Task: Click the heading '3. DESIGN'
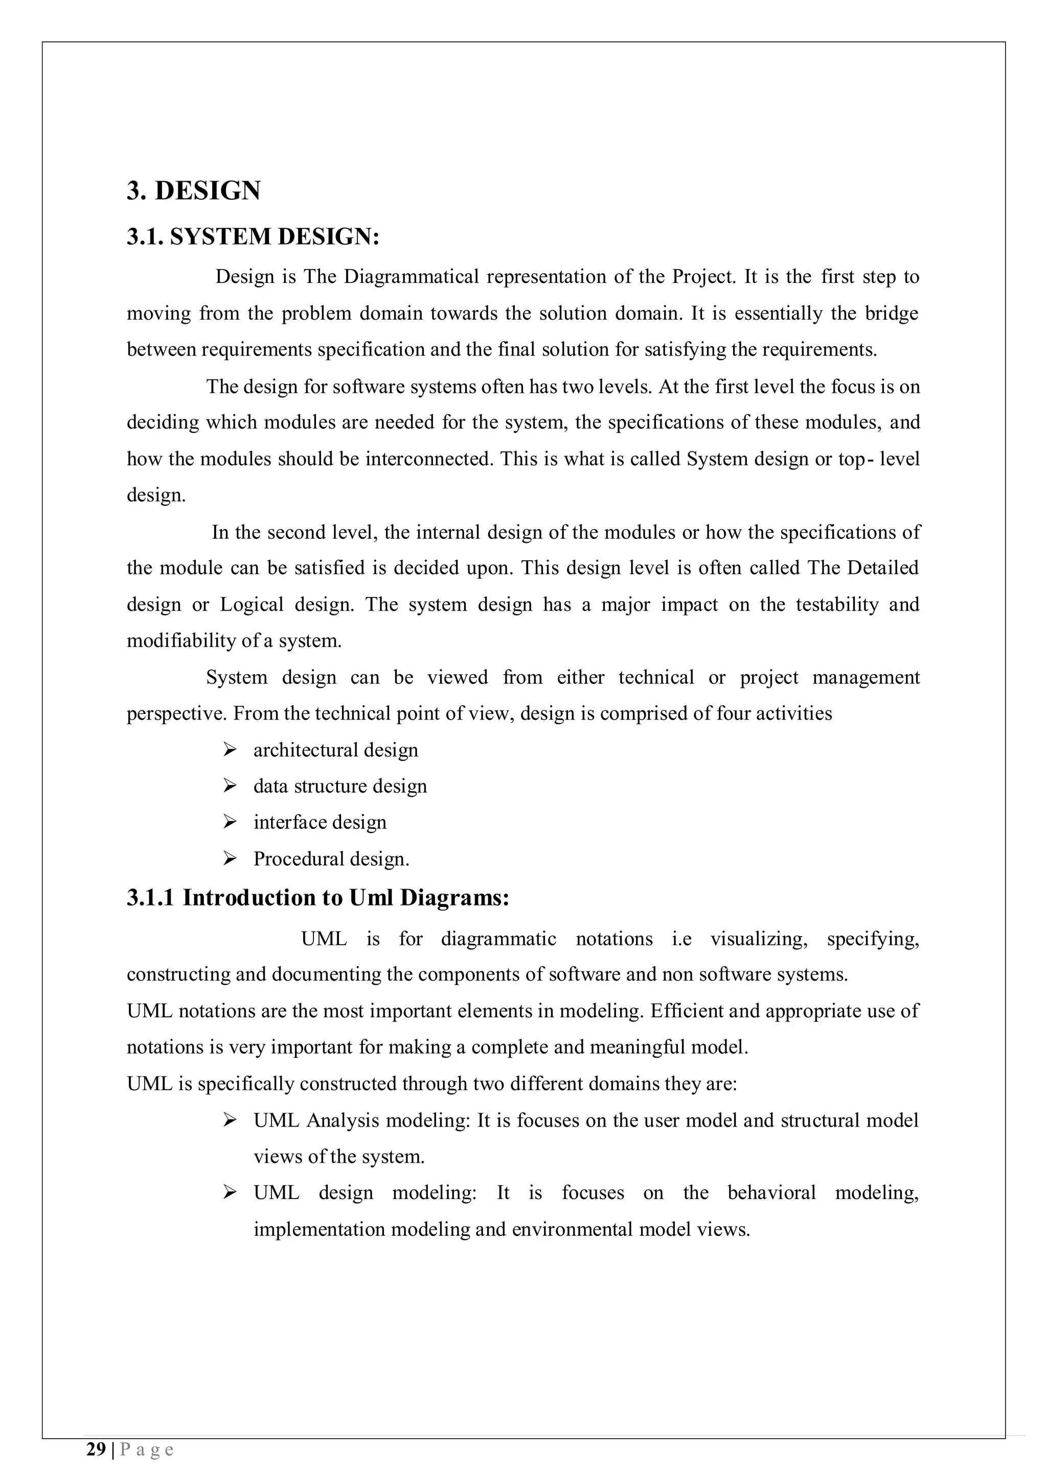194,191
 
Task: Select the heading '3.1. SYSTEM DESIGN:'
253,236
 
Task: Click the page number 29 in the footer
96,1450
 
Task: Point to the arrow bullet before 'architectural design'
230,750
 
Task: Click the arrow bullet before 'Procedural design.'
230,858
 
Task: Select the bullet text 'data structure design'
340,786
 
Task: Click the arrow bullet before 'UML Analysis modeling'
230,1120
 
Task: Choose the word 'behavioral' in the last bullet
771,1192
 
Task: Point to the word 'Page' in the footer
147,1450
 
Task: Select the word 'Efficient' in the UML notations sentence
687,1011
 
